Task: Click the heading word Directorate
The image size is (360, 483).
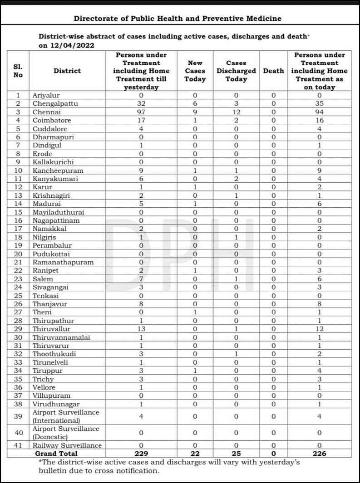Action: tap(93, 19)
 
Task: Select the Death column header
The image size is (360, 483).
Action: tap(274, 71)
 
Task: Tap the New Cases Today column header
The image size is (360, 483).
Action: tap(195, 71)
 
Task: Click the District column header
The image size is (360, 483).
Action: tap(67, 71)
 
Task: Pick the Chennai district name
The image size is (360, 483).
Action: tap(45, 112)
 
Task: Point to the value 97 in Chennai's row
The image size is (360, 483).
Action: tap(141, 112)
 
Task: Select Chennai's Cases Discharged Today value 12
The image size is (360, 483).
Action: tap(236, 112)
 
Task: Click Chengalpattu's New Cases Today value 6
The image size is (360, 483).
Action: tap(195, 104)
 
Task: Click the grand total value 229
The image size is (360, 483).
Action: tap(141, 453)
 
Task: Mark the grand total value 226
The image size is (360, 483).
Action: tap(320, 453)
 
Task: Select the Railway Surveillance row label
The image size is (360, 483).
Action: tap(67, 445)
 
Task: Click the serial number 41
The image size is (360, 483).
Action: tap(18, 445)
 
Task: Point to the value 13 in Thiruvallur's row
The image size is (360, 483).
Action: tap(141, 329)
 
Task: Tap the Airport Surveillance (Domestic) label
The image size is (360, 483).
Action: tap(66, 433)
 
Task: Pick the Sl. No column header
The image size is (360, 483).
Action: tap(18, 71)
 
